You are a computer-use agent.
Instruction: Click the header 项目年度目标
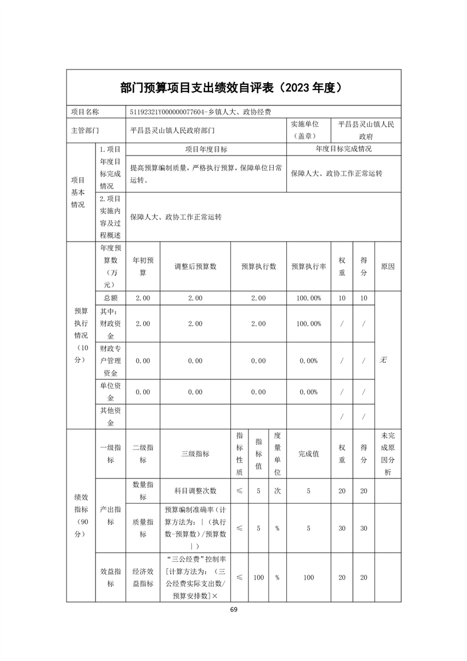tap(206, 150)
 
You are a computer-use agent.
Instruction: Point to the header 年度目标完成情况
tap(343, 149)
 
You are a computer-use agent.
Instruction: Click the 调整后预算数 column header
tap(195, 266)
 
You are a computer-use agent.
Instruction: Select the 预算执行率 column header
tap(309, 266)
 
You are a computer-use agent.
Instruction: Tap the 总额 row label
tap(110, 298)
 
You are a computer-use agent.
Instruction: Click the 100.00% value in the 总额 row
tap(309, 298)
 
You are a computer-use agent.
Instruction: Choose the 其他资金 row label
tap(110, 417)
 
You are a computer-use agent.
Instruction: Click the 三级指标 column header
tap(195, 454)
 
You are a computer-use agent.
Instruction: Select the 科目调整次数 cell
tap(195, 491)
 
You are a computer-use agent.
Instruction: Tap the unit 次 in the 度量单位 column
tap(277, 491)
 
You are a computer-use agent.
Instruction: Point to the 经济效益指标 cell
tap(143, 577)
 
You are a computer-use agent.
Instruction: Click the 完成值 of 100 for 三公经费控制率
tap(309, 577)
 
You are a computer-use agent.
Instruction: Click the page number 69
tap(233, 609)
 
